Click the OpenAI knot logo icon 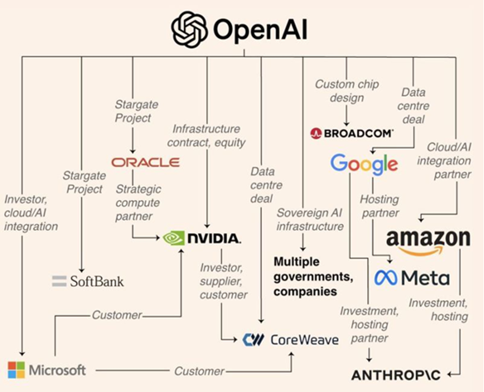click(x=190, y=30)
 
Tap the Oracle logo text click(x=145, y=162)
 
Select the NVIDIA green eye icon click(x=174, y=238)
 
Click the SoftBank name click(x=96, y=281)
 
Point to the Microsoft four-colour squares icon click(x=16, y=370)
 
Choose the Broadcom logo click(x=352, y=133)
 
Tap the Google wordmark click(x=364, y=164)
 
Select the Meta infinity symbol click(x=386, y=279)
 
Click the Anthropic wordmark click(x=396, y=375)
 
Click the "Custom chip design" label click(x=347, y=91)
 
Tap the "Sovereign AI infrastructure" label click(x=310, y=219)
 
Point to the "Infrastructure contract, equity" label click(x=206, y=136)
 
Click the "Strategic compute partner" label click(x=138, y=203)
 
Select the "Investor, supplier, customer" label click(x=223, y=281)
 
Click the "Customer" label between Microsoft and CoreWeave click(x=199, y=371)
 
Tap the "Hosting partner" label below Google click(x=379, y=206)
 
